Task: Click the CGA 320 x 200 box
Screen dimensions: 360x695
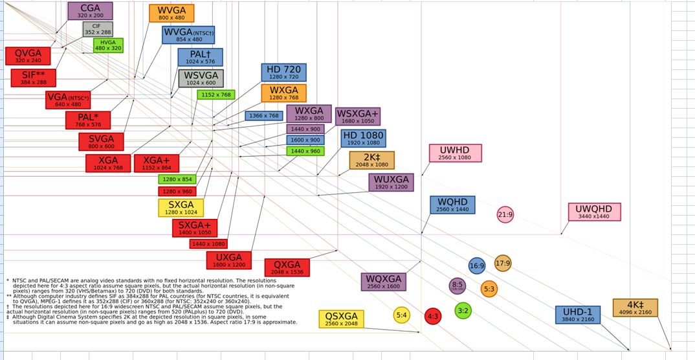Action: [x=90, y=11]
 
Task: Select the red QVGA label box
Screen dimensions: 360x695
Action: [x=28, y=56]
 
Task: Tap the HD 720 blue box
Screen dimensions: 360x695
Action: [x=283, y=73]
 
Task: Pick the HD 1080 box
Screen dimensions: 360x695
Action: [x=363, y=139]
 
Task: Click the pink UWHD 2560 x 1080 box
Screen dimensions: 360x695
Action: [x=455, y=153]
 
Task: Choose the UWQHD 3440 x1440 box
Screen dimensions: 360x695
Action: [x=594, y=212]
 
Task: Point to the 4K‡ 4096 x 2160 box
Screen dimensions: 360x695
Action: [x=635, y=308]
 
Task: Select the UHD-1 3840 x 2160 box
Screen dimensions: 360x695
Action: [x=577, y=315]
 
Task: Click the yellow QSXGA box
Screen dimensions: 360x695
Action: [x=341, y=319]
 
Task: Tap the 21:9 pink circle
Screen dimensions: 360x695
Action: [x=505, y=214]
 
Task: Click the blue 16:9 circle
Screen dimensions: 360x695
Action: [x=477, y=265]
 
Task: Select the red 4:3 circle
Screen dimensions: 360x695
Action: [x=432, y=317]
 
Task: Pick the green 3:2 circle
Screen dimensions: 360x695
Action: [x=463, y=311]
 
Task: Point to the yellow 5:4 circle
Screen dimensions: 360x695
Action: [x=402, y=315]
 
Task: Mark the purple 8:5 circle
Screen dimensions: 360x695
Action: [x=458, y=286]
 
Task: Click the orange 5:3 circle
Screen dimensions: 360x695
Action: [x=489, y=289]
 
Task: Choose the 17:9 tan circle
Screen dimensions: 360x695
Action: [x=503, y=263]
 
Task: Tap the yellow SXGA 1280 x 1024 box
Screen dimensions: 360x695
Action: [x=181, y=208]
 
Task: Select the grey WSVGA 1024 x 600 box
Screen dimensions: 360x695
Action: [x=201, y=78]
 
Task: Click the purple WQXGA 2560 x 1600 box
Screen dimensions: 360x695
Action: [x=383, y=282]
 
